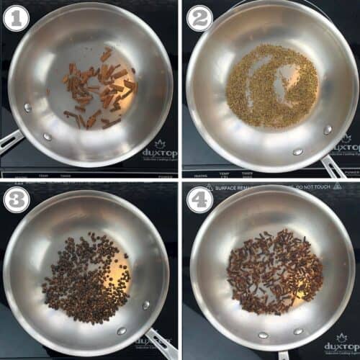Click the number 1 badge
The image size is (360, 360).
click(14, 15)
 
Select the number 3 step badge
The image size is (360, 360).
click(14, 198)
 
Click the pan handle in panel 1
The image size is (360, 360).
click(11, 140)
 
